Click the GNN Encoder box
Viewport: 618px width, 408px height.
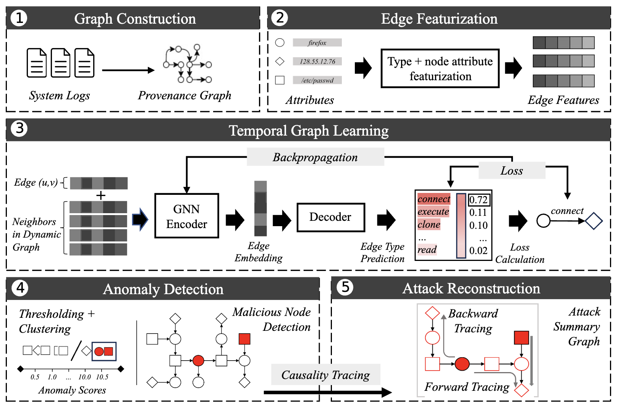[186, 216]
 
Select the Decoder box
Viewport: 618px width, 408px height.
[331, 217]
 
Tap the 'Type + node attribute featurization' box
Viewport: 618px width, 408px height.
[440, 68]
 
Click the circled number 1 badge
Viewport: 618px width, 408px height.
[19, 18]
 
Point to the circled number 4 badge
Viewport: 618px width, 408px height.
[20, 288]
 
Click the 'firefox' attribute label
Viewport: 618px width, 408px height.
[317, 42]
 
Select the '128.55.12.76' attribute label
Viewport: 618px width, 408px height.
[317, 61]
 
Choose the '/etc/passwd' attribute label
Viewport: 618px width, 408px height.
[317, 80]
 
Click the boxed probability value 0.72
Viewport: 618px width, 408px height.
[479, 200]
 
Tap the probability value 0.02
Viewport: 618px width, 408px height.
[478, 251]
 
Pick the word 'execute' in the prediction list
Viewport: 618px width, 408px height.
[433, 212]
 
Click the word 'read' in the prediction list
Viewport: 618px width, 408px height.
[427, 250]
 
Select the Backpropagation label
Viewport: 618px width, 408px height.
[315, 157]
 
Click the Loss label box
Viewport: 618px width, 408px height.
[512, 171]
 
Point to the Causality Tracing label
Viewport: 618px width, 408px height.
[325, 375]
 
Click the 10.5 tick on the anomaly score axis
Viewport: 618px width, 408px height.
[102, 377]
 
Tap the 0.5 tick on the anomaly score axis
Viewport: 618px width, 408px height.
[35, 377]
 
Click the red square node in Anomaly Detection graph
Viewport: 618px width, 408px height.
[244, 339]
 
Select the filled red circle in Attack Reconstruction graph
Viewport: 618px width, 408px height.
[462, 364]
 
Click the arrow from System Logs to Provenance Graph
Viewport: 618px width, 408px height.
[128, 70]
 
